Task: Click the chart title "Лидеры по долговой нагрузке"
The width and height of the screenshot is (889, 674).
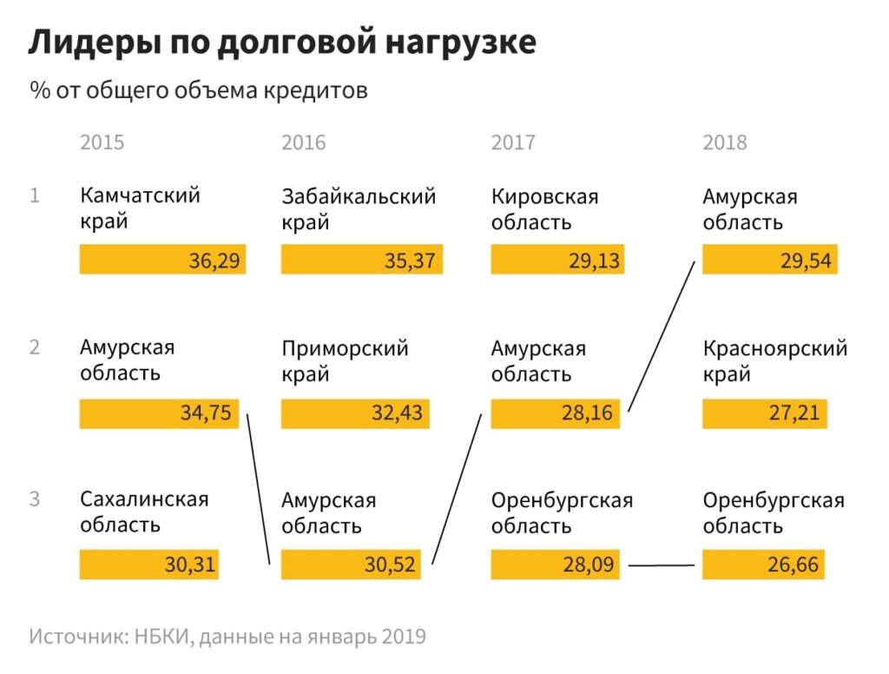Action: coord(282,42)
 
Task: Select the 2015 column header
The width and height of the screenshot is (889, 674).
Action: coord(102,142)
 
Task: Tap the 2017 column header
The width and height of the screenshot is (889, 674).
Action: coord(513,142)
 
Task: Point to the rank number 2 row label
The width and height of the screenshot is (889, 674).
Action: coord(35,347)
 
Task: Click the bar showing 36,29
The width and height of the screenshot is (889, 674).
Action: coord(162,260)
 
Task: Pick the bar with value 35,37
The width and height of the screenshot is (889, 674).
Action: coord(362,260)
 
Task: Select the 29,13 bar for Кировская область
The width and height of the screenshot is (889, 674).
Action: coord(558,260)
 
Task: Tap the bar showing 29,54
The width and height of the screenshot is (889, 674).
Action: coord(769,260)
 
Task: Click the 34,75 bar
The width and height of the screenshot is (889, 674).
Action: coord(159,413)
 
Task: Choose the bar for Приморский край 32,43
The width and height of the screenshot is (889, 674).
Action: coord(355,413)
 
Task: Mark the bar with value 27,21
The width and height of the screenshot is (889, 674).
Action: coord(764,413)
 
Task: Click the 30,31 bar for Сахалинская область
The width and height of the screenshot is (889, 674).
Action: coord(149,565)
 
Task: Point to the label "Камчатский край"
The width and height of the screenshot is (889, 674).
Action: coord(140,208)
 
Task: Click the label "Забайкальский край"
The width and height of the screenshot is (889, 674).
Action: coord(358,208)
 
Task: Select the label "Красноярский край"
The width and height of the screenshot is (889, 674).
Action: coord(774,361)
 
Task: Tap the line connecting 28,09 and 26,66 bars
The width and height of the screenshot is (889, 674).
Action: coord(662,566)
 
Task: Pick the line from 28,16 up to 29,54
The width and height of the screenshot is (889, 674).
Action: coord(662,334)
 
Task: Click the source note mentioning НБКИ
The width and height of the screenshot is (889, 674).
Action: coord(227,637)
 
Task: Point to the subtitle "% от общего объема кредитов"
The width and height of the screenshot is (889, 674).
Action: coord(199,90)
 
